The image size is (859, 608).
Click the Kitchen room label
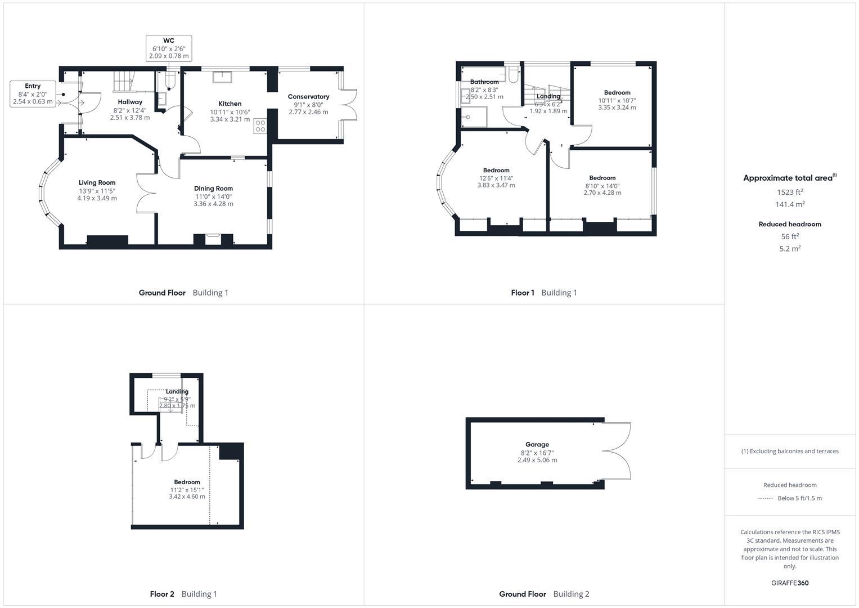(230, 104)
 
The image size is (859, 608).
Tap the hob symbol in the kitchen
(260, 126)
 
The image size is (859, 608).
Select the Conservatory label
(308, 97)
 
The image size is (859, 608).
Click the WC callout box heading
(169, 41)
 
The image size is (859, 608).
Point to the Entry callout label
(33, 86)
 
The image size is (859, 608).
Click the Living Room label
(97, 182)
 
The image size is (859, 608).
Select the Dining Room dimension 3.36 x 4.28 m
(213, 204)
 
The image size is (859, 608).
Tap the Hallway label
(130, 102)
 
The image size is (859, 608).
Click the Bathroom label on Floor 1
(484, 82)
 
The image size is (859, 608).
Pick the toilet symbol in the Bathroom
(512, 75)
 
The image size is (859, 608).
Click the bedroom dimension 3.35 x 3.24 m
(617, 108)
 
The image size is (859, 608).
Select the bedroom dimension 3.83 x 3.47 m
(496, 185)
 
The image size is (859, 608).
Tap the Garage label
(537, 444)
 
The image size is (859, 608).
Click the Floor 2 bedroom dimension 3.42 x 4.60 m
(187, 497)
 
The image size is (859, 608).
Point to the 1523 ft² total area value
(790, 191)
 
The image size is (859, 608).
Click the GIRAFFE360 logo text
(790, 583)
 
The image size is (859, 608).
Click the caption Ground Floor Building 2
(544, 594)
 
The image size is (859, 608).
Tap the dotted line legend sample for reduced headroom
(766, 499)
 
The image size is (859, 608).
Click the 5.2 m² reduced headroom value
(790, 248)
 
